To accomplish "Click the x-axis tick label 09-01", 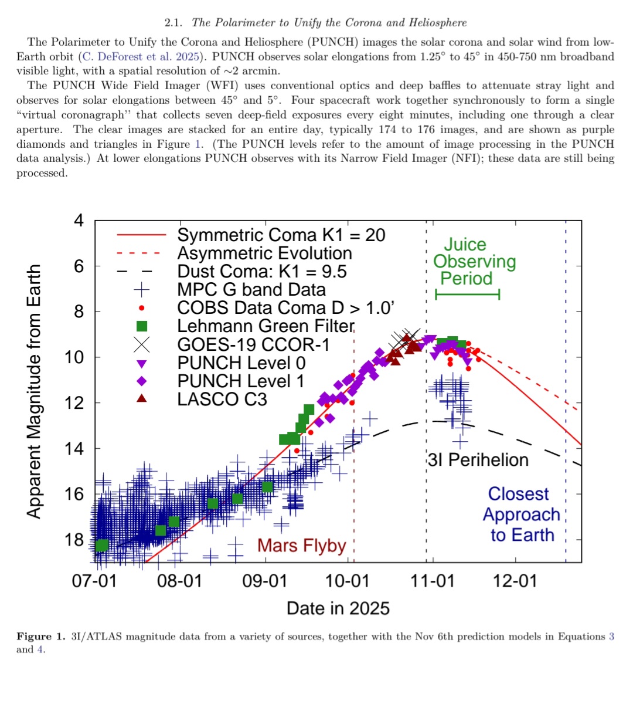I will click(265, 581).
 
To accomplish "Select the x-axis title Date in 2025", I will click(338, 608).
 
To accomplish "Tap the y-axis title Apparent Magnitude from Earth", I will click(35, 391).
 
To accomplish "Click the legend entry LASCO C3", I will click(222, 400).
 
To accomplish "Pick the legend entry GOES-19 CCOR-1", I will click(253, 344).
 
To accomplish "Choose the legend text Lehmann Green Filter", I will click(266, 326).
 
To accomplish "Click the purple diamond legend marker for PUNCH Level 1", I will click(141, 381).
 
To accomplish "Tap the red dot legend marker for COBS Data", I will click(141, 308).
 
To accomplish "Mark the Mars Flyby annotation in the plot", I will click(301, 546).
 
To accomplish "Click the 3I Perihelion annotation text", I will click(478, 460).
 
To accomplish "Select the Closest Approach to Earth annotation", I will click(521, 515).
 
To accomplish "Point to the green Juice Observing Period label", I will click(474, 261).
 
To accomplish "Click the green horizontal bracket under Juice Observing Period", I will click(467, 294).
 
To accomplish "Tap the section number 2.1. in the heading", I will click(173, 23).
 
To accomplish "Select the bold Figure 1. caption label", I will click(41, 637).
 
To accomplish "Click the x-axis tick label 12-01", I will click(515, 581).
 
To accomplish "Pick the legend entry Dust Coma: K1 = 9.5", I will click(262, 272).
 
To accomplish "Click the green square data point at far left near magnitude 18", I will click(101, 546).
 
